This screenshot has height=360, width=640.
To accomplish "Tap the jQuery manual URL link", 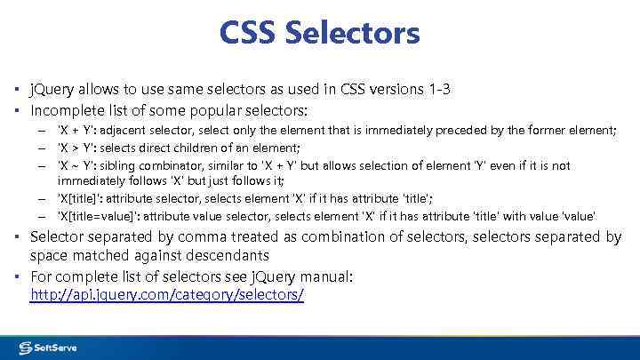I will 167,294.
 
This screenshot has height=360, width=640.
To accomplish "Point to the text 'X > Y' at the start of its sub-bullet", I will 77,148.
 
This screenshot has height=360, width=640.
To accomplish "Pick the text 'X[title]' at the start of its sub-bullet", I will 80,199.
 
